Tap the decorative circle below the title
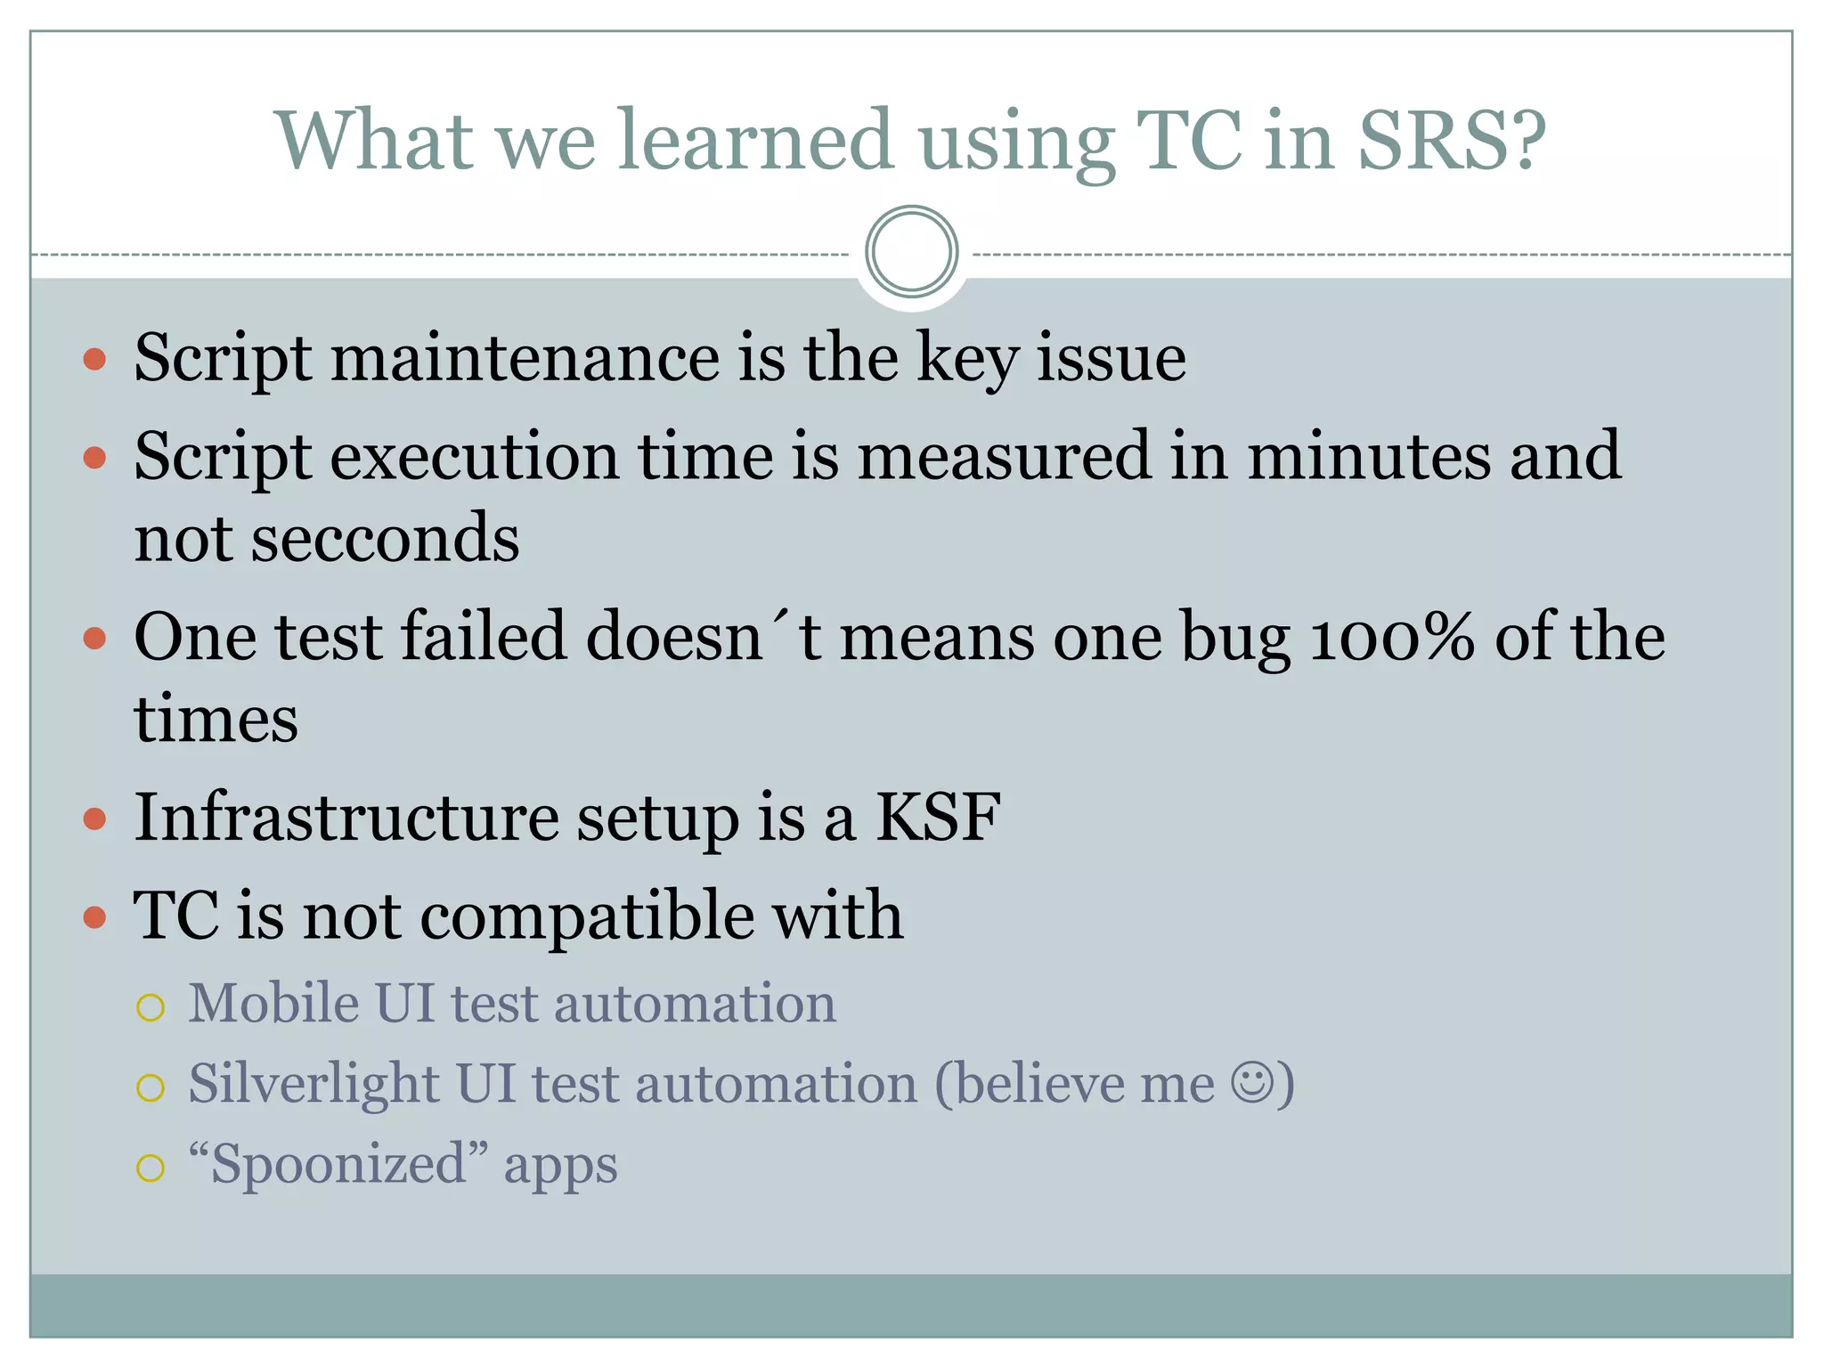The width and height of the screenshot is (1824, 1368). point(911,252)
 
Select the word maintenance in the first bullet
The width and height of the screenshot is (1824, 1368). point(525,358)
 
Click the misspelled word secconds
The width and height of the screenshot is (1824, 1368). point(385,540)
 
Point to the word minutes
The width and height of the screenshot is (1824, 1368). point(1368,456)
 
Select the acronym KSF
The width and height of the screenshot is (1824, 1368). point(938,818)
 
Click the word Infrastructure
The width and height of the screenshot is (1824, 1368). point(346,818)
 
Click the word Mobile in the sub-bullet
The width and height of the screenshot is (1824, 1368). point(273,1004)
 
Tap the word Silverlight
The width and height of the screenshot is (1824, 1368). point(313,1085)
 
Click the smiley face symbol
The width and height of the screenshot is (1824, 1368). point(1252,1083)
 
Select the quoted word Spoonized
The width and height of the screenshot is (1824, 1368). point(338,1165)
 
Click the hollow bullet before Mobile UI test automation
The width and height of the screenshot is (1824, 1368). point(151,1008)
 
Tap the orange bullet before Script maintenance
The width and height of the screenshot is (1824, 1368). point(94,360)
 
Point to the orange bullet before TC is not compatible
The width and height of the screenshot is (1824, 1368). point(94,917)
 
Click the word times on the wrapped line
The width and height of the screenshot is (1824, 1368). point(216,720)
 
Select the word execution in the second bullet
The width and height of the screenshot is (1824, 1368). point(476,456)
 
